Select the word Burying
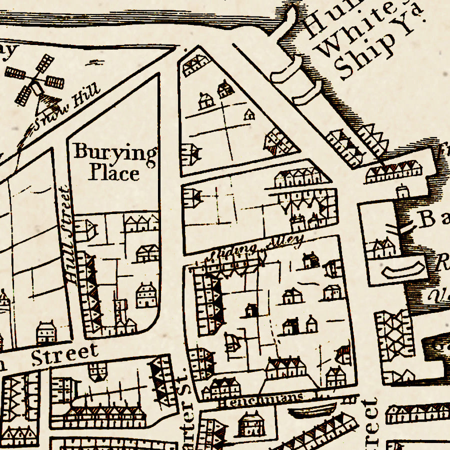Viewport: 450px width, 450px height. click(115, 152)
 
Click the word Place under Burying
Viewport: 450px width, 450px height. click(114, 173)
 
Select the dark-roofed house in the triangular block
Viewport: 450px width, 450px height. click(225, 90)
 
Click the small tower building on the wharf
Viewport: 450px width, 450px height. click(402, 192)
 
